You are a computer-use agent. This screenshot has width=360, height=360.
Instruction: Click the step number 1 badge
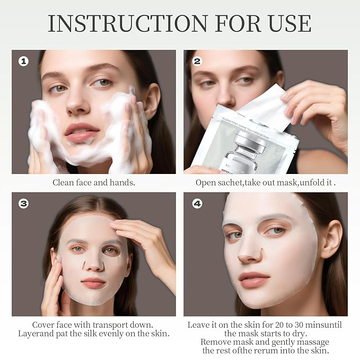(x=23, y=62)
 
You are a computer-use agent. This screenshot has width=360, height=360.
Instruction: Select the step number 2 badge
(x=197, y=62)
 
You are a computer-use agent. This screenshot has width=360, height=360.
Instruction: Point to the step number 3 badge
(x=23, y=203)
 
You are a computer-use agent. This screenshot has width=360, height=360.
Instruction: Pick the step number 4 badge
(x=197, y=203)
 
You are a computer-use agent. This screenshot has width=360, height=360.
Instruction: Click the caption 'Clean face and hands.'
(x=93, y=182)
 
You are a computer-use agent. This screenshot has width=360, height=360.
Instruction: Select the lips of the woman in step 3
(x=93, y=282)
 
